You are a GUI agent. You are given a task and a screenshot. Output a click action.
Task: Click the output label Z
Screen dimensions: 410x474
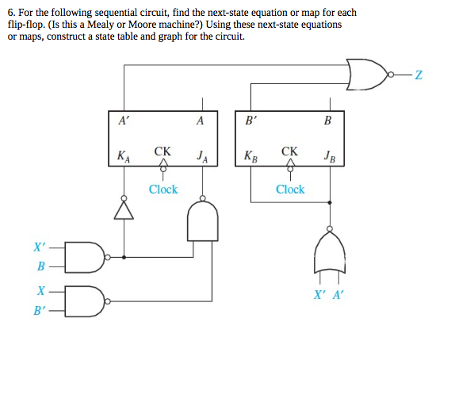point(419,75)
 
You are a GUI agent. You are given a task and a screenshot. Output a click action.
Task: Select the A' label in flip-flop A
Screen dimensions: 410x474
point(123,121)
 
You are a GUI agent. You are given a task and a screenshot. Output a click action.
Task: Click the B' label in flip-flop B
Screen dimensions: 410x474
point(250,121)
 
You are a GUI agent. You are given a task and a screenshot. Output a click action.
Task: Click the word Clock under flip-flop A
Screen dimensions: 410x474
point(163,190)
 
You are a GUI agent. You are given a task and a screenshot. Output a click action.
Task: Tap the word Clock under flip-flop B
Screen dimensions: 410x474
point(290,190)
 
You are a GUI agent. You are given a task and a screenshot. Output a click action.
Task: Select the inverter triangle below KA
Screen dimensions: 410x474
point(123,210)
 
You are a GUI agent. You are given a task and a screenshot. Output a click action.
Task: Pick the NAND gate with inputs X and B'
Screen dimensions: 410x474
point(82,301)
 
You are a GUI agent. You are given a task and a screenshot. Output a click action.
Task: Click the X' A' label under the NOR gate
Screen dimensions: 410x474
point(329,293)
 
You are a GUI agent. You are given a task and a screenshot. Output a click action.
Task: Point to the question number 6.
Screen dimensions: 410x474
point(11,13)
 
